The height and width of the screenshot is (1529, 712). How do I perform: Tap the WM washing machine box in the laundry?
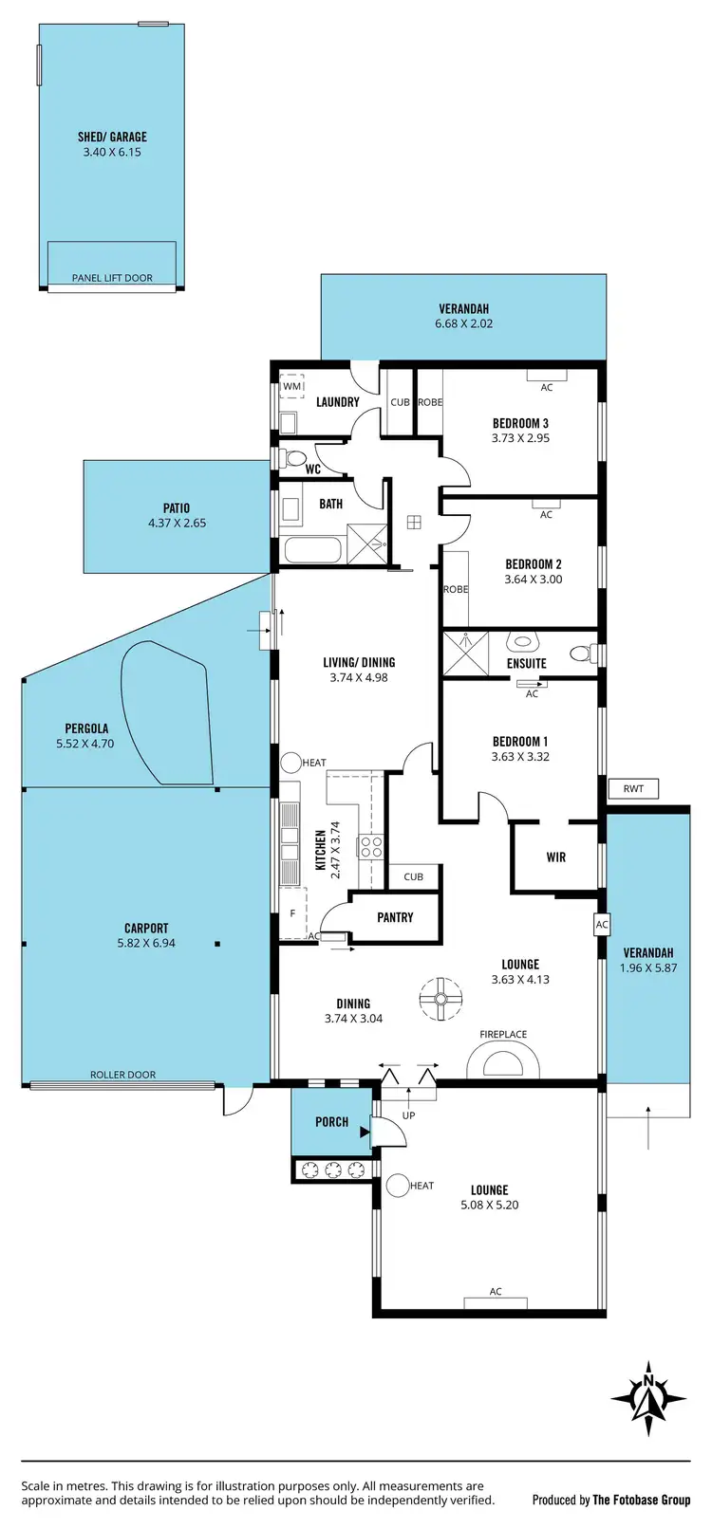[292, 387]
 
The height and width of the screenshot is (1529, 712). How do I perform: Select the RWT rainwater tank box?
[633, 788]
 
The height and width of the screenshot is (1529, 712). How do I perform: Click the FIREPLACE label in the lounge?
[503, 1035]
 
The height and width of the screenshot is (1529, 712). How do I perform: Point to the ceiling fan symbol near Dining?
[440, 999]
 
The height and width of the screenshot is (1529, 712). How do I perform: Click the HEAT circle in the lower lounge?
[397, 1185]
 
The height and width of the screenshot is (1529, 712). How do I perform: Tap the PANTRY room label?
[395, 917]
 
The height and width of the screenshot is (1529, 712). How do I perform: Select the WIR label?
[556, 857]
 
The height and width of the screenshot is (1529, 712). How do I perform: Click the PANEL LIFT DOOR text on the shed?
[112, 278]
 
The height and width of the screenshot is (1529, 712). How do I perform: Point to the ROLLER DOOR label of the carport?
[122, 1075]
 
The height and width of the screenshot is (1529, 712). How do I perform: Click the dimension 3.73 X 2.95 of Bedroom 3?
[520, 438]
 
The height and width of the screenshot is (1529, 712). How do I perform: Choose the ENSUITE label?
[526, 664]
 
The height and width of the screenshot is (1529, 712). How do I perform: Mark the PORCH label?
[331, 1122]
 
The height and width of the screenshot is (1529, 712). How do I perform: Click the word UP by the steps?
[409, 1115]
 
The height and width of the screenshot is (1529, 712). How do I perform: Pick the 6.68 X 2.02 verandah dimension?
[463, 323]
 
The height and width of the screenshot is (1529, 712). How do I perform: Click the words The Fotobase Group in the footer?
[642, 1500]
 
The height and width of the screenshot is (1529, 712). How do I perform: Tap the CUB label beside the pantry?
[413, 876]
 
